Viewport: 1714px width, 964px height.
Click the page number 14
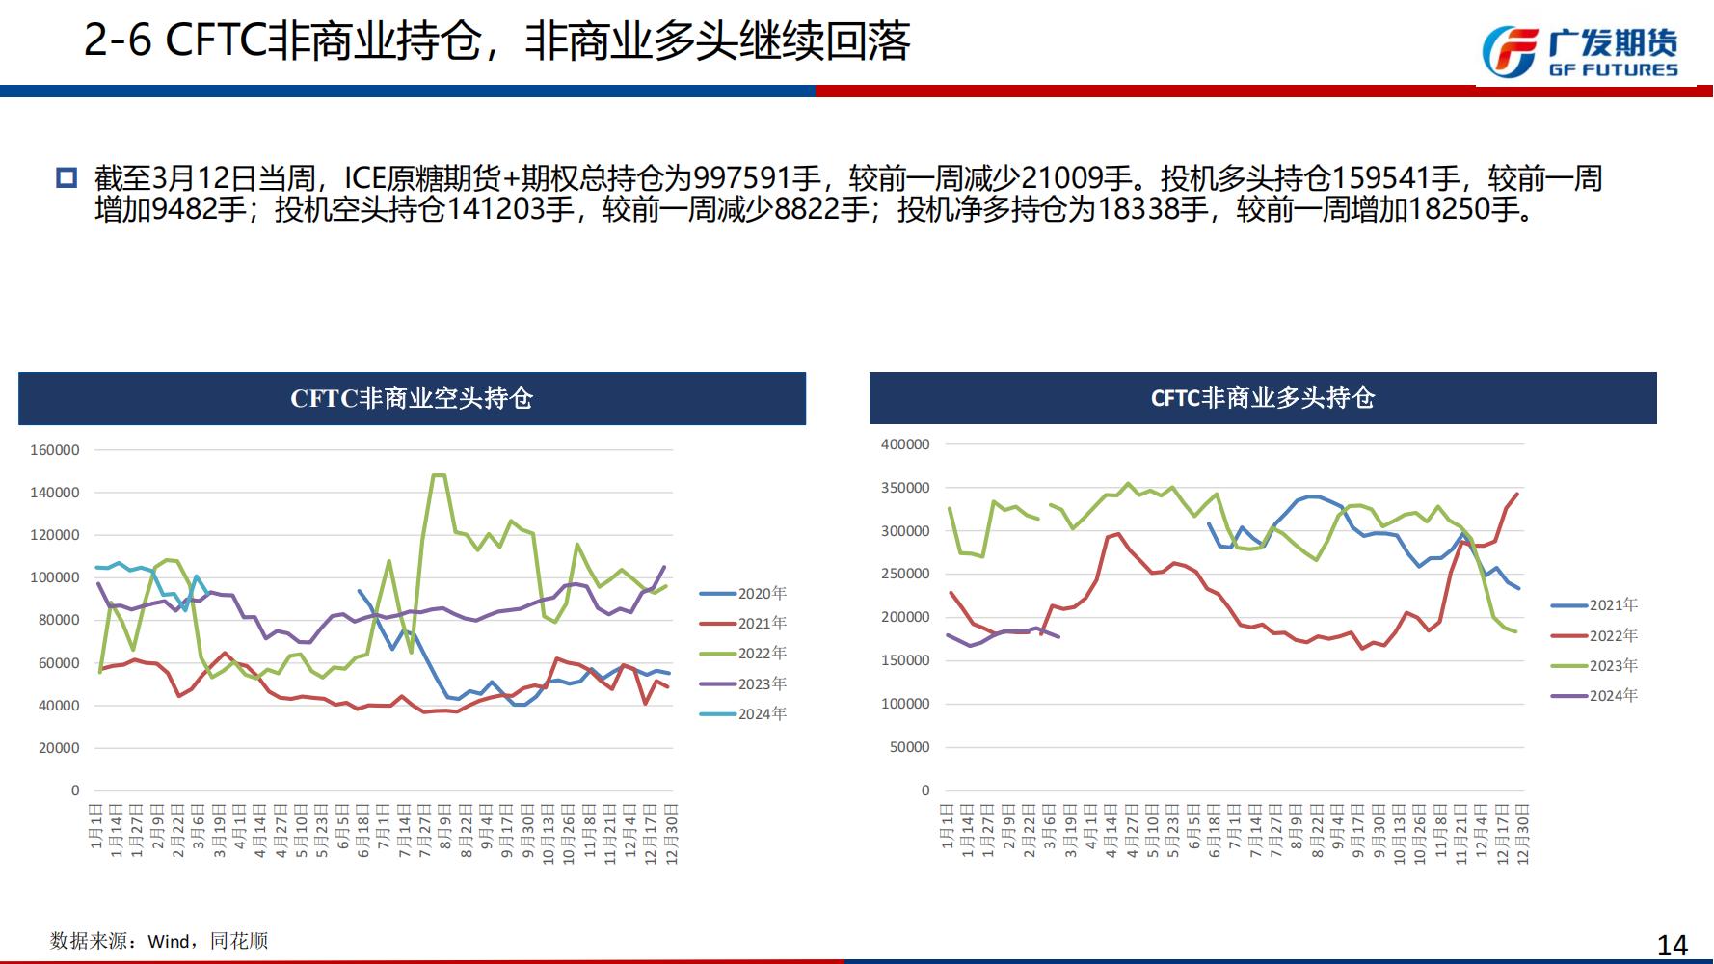(1673, 945)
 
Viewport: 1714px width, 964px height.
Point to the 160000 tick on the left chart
(55, 450)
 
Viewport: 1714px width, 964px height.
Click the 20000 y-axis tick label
(59, 748)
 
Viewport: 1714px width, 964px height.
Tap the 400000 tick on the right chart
(905, 444)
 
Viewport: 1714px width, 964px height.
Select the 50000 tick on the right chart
(909, 747)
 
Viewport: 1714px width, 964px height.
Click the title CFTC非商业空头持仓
(412, 398)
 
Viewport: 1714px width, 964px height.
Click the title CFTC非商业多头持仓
(1263, 398)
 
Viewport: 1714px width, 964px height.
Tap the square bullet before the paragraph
(67, 178)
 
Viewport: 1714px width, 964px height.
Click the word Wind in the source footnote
(170, 941)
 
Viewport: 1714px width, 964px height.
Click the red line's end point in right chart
(1517, 495)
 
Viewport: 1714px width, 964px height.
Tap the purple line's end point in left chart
(664, 567)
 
